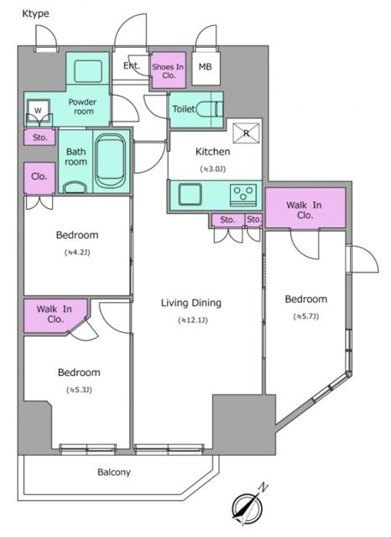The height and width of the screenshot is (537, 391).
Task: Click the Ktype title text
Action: click(x=35, y=14)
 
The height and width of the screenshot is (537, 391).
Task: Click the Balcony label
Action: click(x=114, y=472)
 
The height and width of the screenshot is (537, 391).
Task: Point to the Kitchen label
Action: click(x=212, y=152)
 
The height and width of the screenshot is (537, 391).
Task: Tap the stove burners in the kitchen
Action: click(x=244, y=195)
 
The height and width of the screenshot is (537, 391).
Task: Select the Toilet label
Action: click(x=183, y=109)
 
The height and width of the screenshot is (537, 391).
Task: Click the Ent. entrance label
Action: click(x=132, y=65)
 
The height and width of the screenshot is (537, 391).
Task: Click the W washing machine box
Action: click(x=37, y=110)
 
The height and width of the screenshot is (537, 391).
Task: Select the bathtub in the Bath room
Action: click(x=109, y=159)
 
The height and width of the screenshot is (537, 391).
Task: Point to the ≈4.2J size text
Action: click(x=78, y=251)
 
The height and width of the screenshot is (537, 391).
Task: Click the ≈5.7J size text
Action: click(x=305, y=316)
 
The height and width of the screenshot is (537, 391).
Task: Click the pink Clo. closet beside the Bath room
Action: click(x=39, y=177)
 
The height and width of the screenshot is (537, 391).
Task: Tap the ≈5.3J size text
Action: click(x=78, y=388)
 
